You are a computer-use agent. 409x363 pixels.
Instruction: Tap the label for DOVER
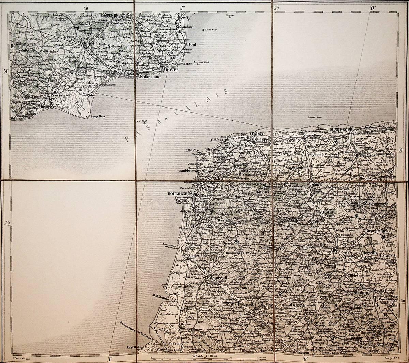pyautogui.click(x=173, y=70)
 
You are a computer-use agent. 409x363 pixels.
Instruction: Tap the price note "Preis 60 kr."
pyautogui.click(x=21, y=358)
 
